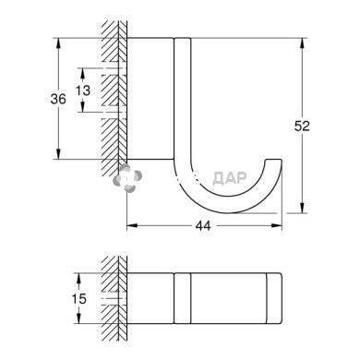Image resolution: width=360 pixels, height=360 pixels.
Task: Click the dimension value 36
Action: (58, 99)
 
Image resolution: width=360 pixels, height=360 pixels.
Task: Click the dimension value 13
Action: (83, 90)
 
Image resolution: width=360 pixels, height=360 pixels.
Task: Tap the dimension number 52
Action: (302, 126)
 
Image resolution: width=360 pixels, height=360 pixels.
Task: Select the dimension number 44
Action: (203, 226)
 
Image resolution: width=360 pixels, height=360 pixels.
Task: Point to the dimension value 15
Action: (78, 298)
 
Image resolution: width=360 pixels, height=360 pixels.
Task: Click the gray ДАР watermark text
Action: (230, 178)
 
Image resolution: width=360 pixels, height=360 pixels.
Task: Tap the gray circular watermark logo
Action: (127, 178)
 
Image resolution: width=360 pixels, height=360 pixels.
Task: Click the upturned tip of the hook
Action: (274, 160)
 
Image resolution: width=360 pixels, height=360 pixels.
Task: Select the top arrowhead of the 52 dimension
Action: (303, 43)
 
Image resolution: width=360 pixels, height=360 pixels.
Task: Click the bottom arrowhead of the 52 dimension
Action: (303, 208)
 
